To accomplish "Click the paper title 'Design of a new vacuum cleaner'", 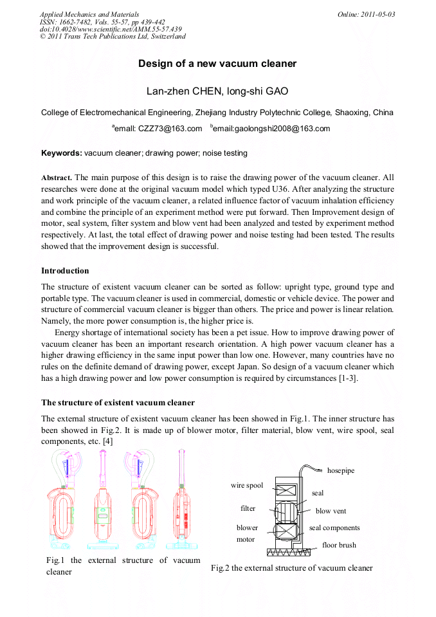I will [217, 64].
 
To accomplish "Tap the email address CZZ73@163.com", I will [158, 129].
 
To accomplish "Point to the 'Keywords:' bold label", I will [62, 153].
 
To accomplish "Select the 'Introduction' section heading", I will [65, 271].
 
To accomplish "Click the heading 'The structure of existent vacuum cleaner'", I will [118, 403].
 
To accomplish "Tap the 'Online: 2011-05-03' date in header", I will [367, 14].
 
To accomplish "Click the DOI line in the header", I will [111, 29].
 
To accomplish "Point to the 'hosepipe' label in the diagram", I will [340, 471].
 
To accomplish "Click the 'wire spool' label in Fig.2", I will [247, 486].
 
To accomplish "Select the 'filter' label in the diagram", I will [248, 508].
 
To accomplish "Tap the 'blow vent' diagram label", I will [331, 511].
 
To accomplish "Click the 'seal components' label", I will [334, 528].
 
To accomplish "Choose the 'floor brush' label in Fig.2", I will [339, 545].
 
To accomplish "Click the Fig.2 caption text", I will [291, 568].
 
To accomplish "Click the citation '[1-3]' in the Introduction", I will [348, 378].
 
